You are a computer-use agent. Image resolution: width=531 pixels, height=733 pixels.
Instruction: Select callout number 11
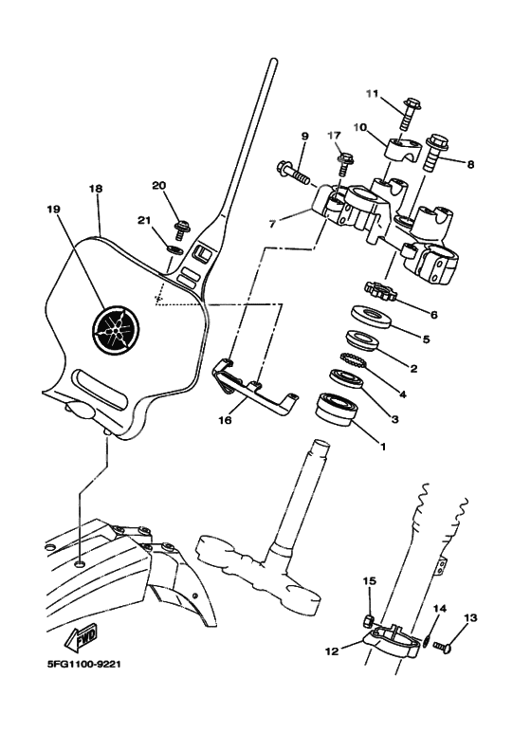[x=372, y=94]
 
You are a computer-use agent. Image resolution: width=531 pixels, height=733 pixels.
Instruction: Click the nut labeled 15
[x=369, y=622]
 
